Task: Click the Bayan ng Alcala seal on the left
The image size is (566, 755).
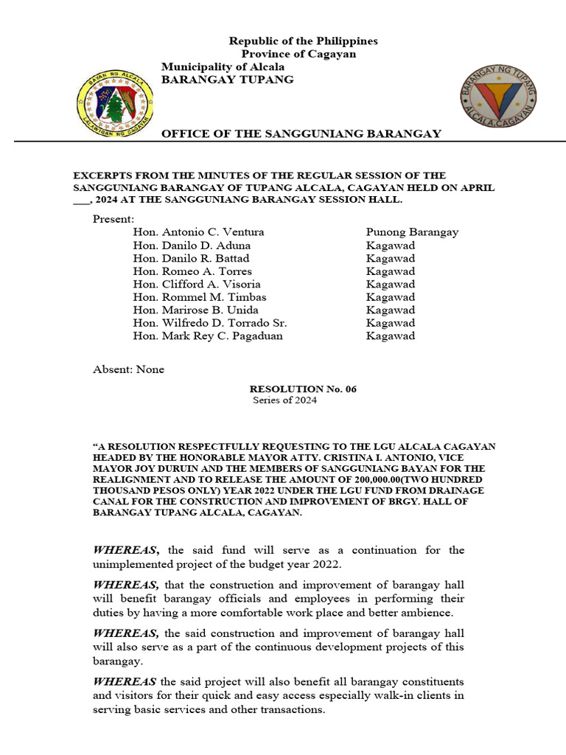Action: point(114,103)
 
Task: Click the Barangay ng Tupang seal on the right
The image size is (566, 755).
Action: point(498,95)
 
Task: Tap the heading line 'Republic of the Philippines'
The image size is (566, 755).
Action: point(303,41)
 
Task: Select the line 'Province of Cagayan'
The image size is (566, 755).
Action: point(298,54)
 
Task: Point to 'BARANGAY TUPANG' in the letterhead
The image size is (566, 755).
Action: point(228,80)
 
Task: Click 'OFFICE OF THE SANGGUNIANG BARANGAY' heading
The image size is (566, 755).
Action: point(301,133)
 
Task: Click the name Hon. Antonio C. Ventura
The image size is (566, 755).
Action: point(198,232)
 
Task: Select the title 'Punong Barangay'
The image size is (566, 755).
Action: point(412,232)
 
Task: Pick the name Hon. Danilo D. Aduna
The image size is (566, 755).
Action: point(192,246)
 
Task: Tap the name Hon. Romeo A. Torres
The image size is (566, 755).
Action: point(192,271)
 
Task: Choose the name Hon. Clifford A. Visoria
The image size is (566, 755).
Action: point(197,285)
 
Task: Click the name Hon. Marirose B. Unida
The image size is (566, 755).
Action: point(195,310)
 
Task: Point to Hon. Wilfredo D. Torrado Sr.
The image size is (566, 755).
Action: point(210,323)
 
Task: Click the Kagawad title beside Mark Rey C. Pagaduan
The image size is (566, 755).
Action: point(391,336)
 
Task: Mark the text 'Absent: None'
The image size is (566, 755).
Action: point(128,369)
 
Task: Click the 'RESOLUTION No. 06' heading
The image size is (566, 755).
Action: point(303,389)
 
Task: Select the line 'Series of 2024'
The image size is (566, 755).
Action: point(284,400)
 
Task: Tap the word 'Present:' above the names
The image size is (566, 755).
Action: point(113,219)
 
